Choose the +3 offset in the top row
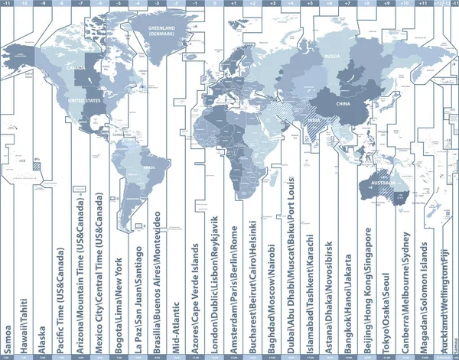pyautogui.click(x=272, y=3)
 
